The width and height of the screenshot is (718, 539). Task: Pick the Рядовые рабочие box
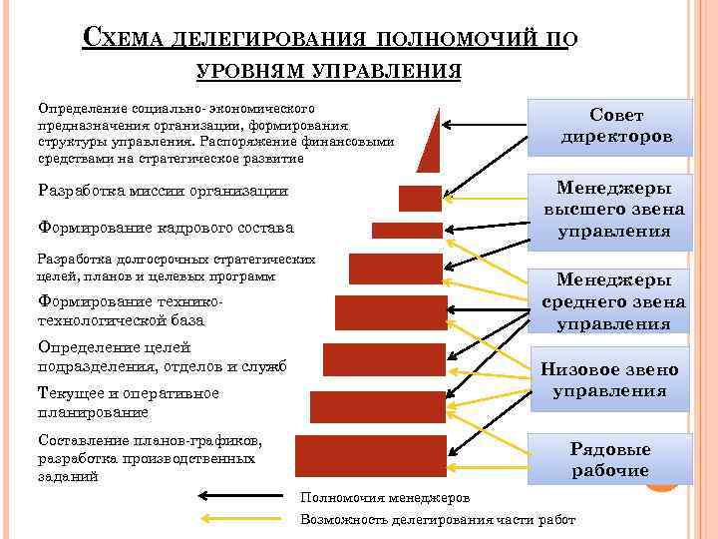(x=609, y=460)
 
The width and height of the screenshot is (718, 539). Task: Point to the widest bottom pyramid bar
(x=370, y=455)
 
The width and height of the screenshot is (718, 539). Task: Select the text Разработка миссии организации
(x=162, y=191)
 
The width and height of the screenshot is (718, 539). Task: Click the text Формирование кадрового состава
(x=165, y=228)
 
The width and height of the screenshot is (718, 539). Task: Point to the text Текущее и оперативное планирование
(x=127, y=402)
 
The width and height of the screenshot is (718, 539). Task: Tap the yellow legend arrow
(x=239, y=519)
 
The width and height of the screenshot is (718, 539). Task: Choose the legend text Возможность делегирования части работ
(x=438, y=520)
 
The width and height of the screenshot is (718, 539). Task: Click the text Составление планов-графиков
(x=150, y=440)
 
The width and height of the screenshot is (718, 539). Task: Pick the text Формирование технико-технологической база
(x=130, y=311)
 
